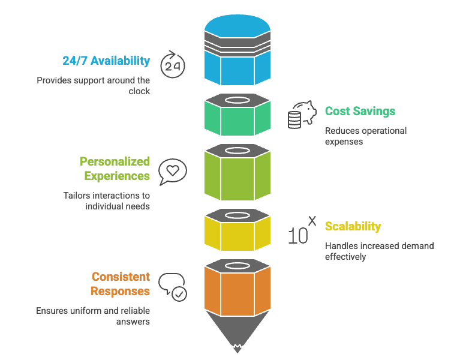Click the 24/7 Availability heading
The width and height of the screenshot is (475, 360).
pos(106,61)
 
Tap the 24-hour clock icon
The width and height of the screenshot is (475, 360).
pos(173,65)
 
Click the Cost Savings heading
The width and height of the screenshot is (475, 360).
pos(360,111)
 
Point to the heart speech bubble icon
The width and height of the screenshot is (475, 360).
pos(172,172)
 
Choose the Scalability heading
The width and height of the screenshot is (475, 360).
pos(353,226)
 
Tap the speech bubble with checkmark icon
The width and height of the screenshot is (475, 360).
pos(173,286)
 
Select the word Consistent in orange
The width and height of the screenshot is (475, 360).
pos(121,277)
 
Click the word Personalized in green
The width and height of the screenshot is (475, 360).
pos(115,161)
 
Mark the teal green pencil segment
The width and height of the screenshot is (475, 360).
pos(237,119)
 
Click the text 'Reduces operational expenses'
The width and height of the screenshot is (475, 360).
pos(365,136)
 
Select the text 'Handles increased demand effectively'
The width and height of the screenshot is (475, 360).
pos(379,251)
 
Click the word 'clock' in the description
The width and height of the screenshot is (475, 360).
pos(139,91)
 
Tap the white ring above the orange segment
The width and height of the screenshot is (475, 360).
pos(237,264)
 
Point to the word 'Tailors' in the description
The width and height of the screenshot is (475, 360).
pos(77,196)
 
